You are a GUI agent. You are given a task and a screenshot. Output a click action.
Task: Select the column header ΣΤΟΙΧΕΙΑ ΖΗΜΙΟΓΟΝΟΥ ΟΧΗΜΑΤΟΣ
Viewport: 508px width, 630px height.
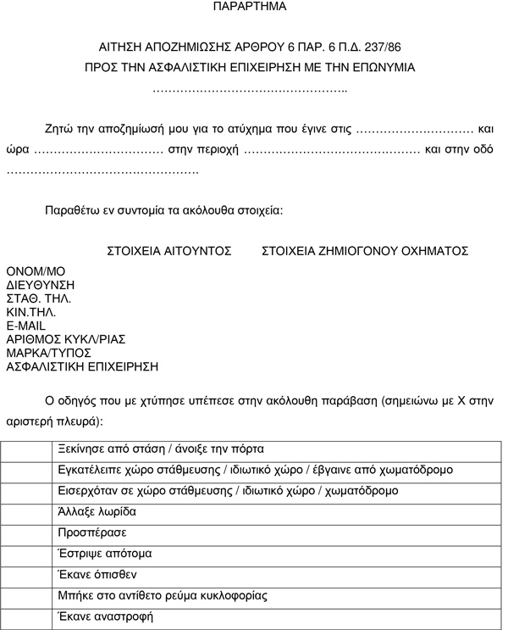[365, 251]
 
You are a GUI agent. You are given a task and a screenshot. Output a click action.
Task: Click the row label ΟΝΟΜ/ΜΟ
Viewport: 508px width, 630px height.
[36, 270]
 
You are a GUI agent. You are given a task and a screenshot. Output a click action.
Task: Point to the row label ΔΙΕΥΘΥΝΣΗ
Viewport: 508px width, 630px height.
[41, 284]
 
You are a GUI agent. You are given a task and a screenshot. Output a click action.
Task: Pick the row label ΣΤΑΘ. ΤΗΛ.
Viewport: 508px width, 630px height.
[39, 298]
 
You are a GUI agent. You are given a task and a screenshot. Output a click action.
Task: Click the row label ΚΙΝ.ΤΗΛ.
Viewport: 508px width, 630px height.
[31, 312]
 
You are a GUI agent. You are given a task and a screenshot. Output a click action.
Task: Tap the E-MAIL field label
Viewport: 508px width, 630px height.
[26, 326]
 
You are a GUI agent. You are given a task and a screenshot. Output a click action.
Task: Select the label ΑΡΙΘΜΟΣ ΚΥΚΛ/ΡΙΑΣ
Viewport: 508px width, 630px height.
[66, 339]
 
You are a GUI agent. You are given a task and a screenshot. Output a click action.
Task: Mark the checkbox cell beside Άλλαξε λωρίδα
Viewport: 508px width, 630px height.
[26, 513]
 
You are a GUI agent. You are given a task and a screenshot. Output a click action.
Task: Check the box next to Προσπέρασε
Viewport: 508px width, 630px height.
[26, 533]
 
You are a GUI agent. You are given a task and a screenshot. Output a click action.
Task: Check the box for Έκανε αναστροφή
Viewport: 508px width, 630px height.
[26, 617]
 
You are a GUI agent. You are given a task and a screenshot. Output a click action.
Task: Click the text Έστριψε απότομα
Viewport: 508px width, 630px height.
[105, 555]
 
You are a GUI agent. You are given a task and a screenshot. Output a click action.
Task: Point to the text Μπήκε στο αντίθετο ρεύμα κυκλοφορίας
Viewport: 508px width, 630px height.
[163, 596]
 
